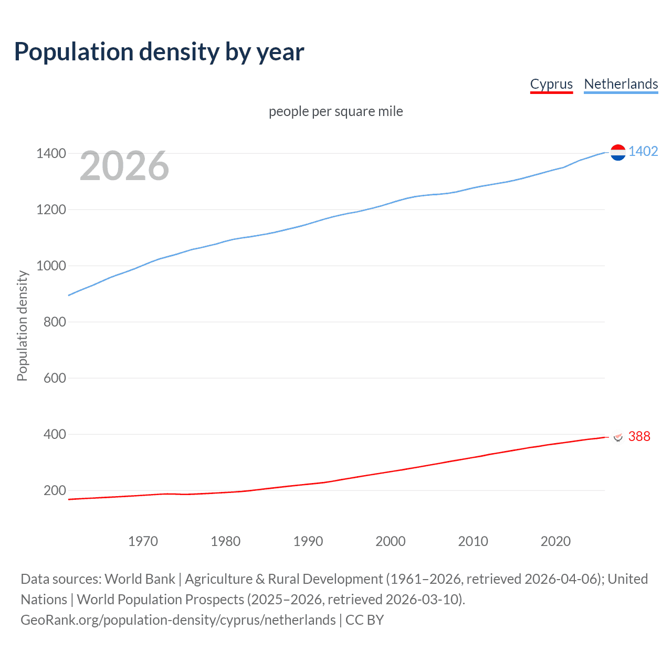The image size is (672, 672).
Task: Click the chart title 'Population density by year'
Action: tap(159, 52)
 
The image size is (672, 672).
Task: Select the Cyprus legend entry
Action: tap(551, 84)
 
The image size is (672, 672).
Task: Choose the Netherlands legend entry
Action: tap(621, 84)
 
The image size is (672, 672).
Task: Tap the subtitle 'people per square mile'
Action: tap(335, 111)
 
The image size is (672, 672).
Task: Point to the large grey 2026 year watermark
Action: tap(124, 166)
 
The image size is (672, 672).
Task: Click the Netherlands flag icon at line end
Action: tap(618, 152)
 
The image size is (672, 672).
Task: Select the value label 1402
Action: tap(643, 151)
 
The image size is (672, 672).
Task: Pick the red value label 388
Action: tap(639, 436)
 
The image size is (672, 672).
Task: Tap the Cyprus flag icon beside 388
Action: tap(618, 437)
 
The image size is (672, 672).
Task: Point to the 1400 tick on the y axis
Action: tap(51, 153)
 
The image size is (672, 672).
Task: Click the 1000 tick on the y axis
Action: tap(51, 266)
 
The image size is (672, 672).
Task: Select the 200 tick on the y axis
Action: tap(55, 490)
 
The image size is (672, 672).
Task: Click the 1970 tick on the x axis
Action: tap(143, 541)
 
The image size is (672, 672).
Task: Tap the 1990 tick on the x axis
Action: tap(308, 541)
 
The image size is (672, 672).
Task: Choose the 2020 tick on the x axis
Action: tap(555, 541)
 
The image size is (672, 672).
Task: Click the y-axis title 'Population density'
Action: tap(22, 325)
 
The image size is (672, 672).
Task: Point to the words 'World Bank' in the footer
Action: tap(140, 579)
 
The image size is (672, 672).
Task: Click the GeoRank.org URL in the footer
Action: tap(178, 620)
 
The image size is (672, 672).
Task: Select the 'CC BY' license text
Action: tap(364, 620)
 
